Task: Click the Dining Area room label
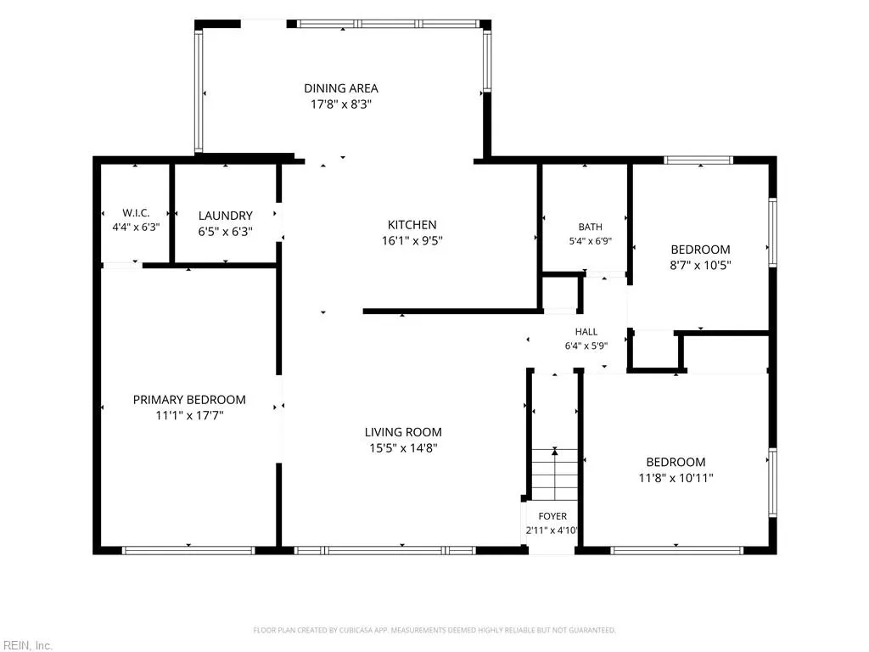pos(341,88)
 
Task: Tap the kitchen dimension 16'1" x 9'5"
pos(412,240)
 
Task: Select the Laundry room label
pos(226,216)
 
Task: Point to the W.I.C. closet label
pos(136,213)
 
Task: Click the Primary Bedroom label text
pos(189,400)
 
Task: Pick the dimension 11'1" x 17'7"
pos(189,415)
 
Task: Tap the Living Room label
pos(403,432)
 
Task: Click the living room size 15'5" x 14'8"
pos(403,448)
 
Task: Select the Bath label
pos(591,227)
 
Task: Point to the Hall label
pos(586,332)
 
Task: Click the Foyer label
pos(552,516)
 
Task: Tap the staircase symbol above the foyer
pos(555,474)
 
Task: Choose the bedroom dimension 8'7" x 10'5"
pos(700,265)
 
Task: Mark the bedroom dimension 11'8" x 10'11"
pos(676,477)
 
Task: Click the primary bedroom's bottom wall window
pos(188,550)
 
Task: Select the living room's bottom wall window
pos(384,550)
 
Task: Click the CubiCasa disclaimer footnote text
pos(434,630)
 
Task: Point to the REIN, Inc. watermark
pos(26,645)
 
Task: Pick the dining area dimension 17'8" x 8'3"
pos(341,104)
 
